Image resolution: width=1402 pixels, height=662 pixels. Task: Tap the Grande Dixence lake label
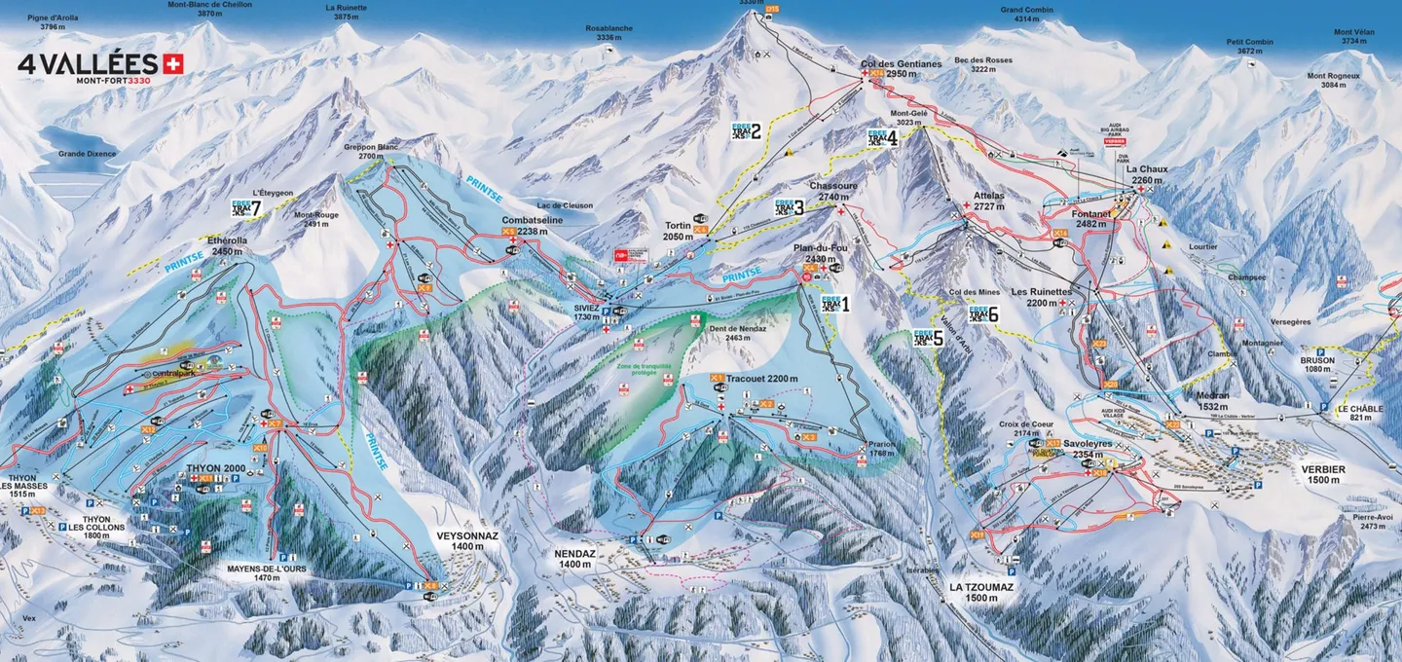87,154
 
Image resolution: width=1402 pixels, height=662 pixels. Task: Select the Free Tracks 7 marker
246,207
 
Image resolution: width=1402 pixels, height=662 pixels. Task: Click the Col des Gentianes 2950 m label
902,69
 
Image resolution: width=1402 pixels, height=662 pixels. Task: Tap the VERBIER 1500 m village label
1322,475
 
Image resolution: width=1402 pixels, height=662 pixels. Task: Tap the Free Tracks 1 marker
834,304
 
